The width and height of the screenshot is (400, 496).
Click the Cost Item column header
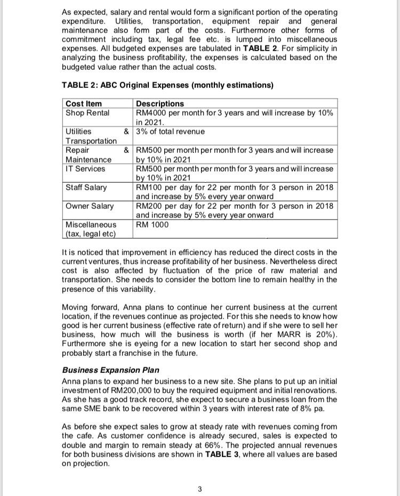[x=83, y=103]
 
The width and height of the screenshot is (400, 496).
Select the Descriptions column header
[x=160, y=103]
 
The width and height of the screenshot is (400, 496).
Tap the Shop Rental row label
[x=87, y=112]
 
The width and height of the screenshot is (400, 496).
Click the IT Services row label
[x=85, y=169]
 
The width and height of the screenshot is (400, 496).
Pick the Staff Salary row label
[x=86, y=188]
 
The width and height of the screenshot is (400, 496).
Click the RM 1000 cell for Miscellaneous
[x=152, y=225]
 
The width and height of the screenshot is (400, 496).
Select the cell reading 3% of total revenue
[x=170, y=132]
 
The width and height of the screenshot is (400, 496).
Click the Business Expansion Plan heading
[x=110, y=370]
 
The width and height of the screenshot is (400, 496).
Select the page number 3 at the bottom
[x=199, y=489]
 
